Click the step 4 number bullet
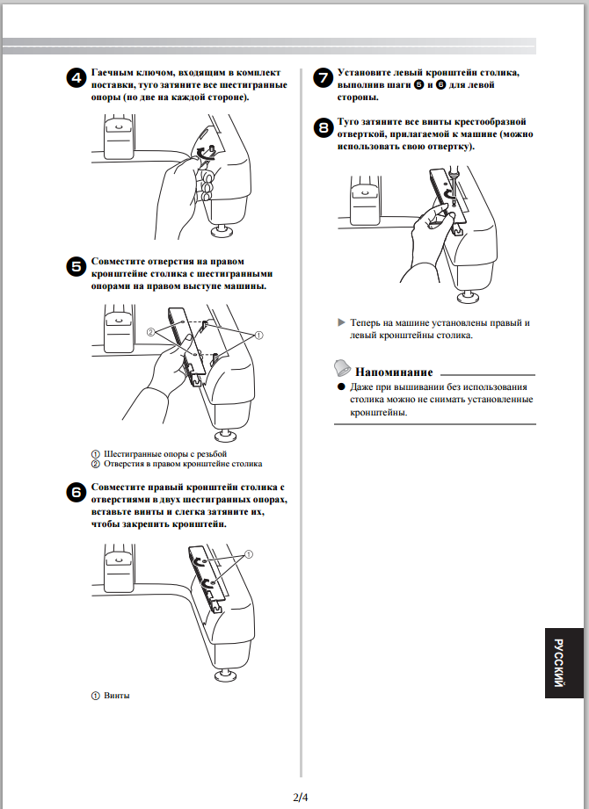click(x=76, y=77)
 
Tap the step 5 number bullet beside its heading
click(x=76, y=266)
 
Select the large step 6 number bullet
click(x=76, y=492)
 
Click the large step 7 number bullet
click(x=323, y=77)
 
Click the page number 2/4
click(x=302, y=797)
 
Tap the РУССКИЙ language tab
click(x=560, y=663)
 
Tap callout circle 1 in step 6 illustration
click(x=249, y=554)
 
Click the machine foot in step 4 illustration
click(x=221, y=233)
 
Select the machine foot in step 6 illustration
click(x=221, y=675)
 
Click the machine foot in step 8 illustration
click(x=466, y=290)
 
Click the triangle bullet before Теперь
click(x=342, y=322)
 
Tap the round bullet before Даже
click(x=341, y=386)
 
